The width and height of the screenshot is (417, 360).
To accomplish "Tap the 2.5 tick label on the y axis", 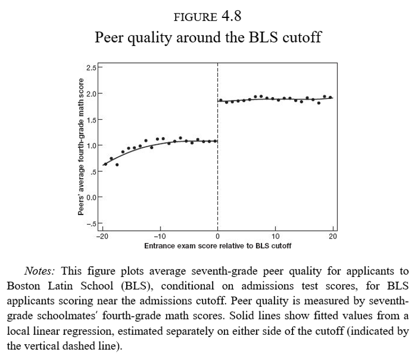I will coord(91,67).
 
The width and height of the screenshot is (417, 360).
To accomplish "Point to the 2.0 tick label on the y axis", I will coord(91,93).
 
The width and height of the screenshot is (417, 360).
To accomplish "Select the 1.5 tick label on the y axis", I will coord(91,120).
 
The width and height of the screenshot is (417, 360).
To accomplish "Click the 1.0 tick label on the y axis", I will coord(91,145).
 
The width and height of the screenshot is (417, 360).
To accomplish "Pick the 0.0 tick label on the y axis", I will coord(91,197).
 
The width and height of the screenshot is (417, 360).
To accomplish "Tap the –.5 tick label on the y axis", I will coord(91,224).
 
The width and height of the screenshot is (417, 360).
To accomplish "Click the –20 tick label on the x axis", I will coord(101,236).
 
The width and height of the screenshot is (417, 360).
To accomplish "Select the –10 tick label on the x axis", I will coord(159,236).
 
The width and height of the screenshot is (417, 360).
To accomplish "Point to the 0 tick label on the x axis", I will coord(217,236).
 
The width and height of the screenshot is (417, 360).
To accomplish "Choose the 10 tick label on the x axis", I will coord(275,236).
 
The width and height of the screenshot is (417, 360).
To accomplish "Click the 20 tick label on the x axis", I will coord(333,236).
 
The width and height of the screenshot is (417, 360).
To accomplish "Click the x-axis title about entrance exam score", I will coord(217,245).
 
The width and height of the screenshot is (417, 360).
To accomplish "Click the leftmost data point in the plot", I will coord(105,164).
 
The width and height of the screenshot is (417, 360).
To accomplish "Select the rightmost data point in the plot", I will coord(331,97).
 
